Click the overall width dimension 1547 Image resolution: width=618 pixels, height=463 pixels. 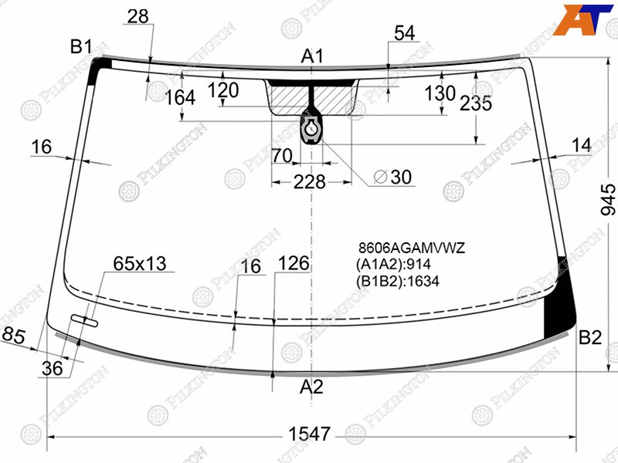point(310,434)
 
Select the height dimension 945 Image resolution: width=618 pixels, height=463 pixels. point(608,200)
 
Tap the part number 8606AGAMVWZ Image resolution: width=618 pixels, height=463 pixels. point(412,248)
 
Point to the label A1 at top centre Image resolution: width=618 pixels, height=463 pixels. point(312,56)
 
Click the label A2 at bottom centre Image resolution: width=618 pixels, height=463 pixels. point(311,387)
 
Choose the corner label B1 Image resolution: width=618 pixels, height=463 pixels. point(81,47)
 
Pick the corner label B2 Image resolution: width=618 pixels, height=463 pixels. point(590,337)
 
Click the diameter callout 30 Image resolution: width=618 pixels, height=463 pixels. point(392,177)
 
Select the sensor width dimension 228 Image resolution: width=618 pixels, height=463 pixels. point(310,182)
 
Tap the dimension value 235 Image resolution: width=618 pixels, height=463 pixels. point(476,103)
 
